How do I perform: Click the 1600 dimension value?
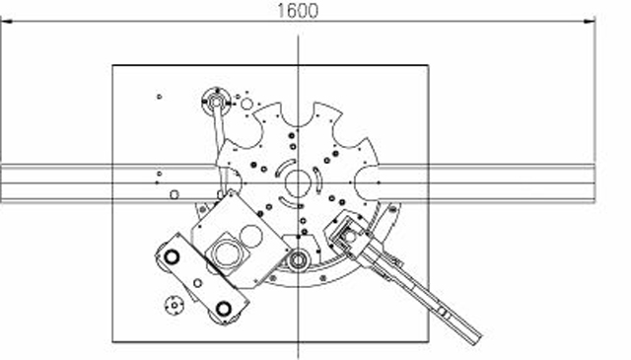[x=298, y=11]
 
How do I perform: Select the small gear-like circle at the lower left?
[x=175, y=304]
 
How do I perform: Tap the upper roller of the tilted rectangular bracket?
[x=172, y=257]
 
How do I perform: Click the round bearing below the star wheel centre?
[x=298, y=261]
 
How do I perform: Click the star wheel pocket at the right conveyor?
[x=367, y=181]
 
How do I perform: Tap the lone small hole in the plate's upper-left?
[x=160, y=96]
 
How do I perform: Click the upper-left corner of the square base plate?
[x=113, y=65]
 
